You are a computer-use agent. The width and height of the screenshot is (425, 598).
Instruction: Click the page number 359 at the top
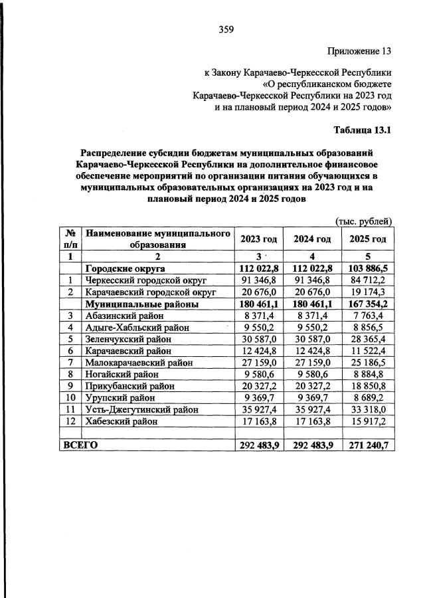(x=226, y=29)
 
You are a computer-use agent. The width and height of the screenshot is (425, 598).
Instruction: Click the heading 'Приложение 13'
(x=359, y=51)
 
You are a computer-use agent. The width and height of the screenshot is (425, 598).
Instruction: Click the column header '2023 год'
(x=258, y=239)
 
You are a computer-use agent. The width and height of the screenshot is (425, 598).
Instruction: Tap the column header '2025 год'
(x=367, y=239)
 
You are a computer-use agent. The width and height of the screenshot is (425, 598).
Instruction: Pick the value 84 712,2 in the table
(x=367, y=280)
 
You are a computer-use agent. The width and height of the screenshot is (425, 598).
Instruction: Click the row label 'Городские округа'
(x=125, y=268)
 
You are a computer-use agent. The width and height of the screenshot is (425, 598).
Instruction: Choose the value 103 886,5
(x=367, y=268)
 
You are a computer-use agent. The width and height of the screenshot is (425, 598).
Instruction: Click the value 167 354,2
(x=367, y=304)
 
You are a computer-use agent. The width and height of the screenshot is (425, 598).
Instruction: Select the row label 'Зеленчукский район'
(x=128, y=339)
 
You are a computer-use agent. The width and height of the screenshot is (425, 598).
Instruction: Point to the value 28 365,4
(x=367, y=339)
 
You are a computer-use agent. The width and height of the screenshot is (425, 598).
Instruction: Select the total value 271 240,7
(x=367, y=445)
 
